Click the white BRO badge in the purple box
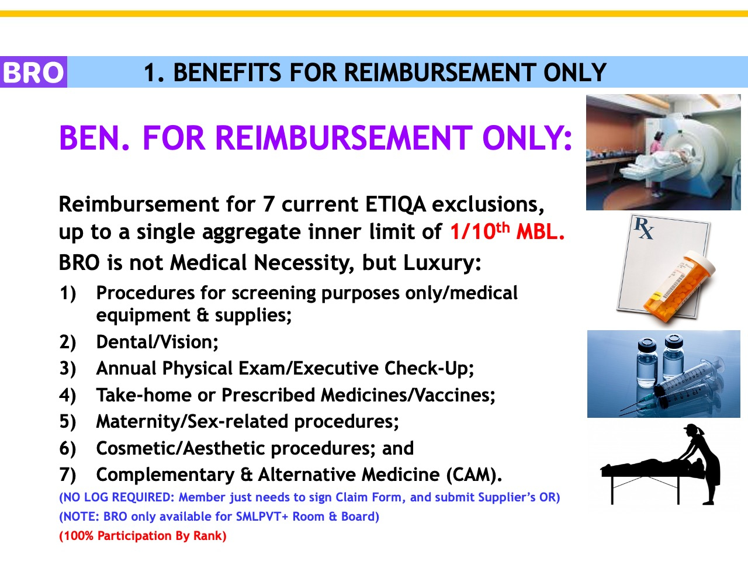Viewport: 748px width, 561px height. coord(33,72)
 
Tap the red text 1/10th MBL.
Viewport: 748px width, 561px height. coord(507,231)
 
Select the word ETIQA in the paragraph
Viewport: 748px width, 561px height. coord(395,205)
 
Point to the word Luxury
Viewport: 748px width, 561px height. coord(442,263)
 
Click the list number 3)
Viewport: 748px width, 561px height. coord(67,369)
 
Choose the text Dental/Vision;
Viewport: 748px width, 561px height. coord(157,342)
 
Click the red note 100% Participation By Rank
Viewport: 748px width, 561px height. coord(143,536)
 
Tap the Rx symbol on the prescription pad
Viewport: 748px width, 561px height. coord(643,228)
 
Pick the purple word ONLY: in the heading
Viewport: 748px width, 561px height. coord(527,138)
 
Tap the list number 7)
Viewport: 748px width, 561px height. coord(67,475)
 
